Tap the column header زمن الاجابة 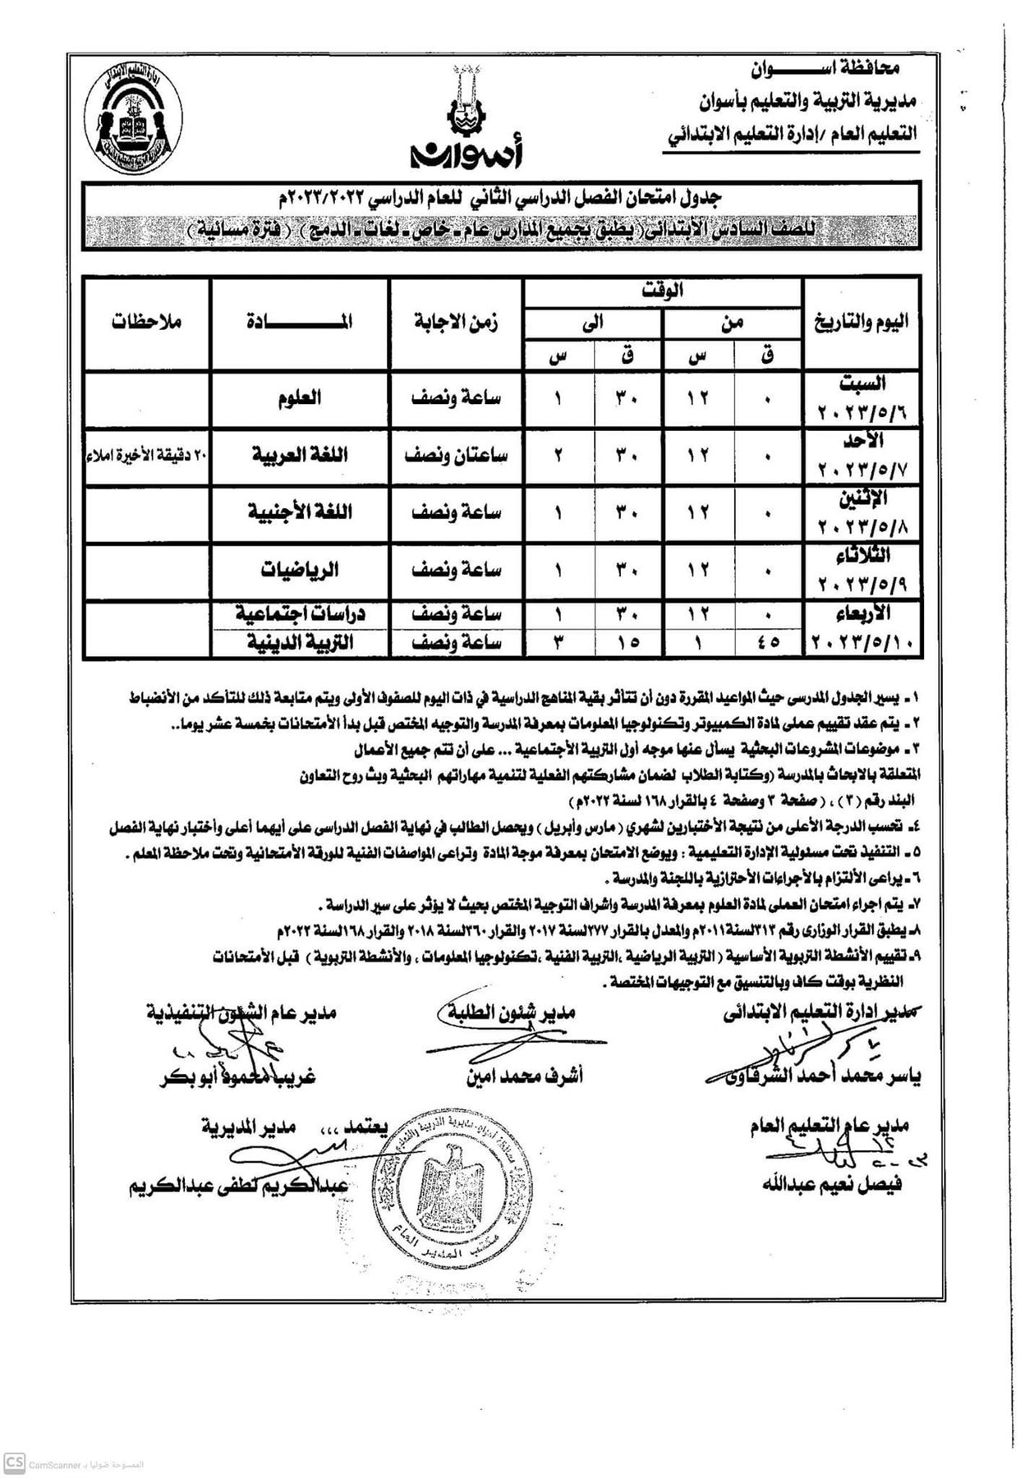tap(457, 322)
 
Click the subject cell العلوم tap(300, 398)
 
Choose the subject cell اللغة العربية tap(300, 455)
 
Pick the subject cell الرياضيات tap(300, 569)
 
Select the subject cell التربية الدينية tap(300, 642)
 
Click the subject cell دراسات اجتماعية tap(300, 613)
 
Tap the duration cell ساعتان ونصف tap(457, 455)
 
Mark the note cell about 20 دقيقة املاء tap(148, 456)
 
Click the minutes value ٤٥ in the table tap(768, 642)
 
